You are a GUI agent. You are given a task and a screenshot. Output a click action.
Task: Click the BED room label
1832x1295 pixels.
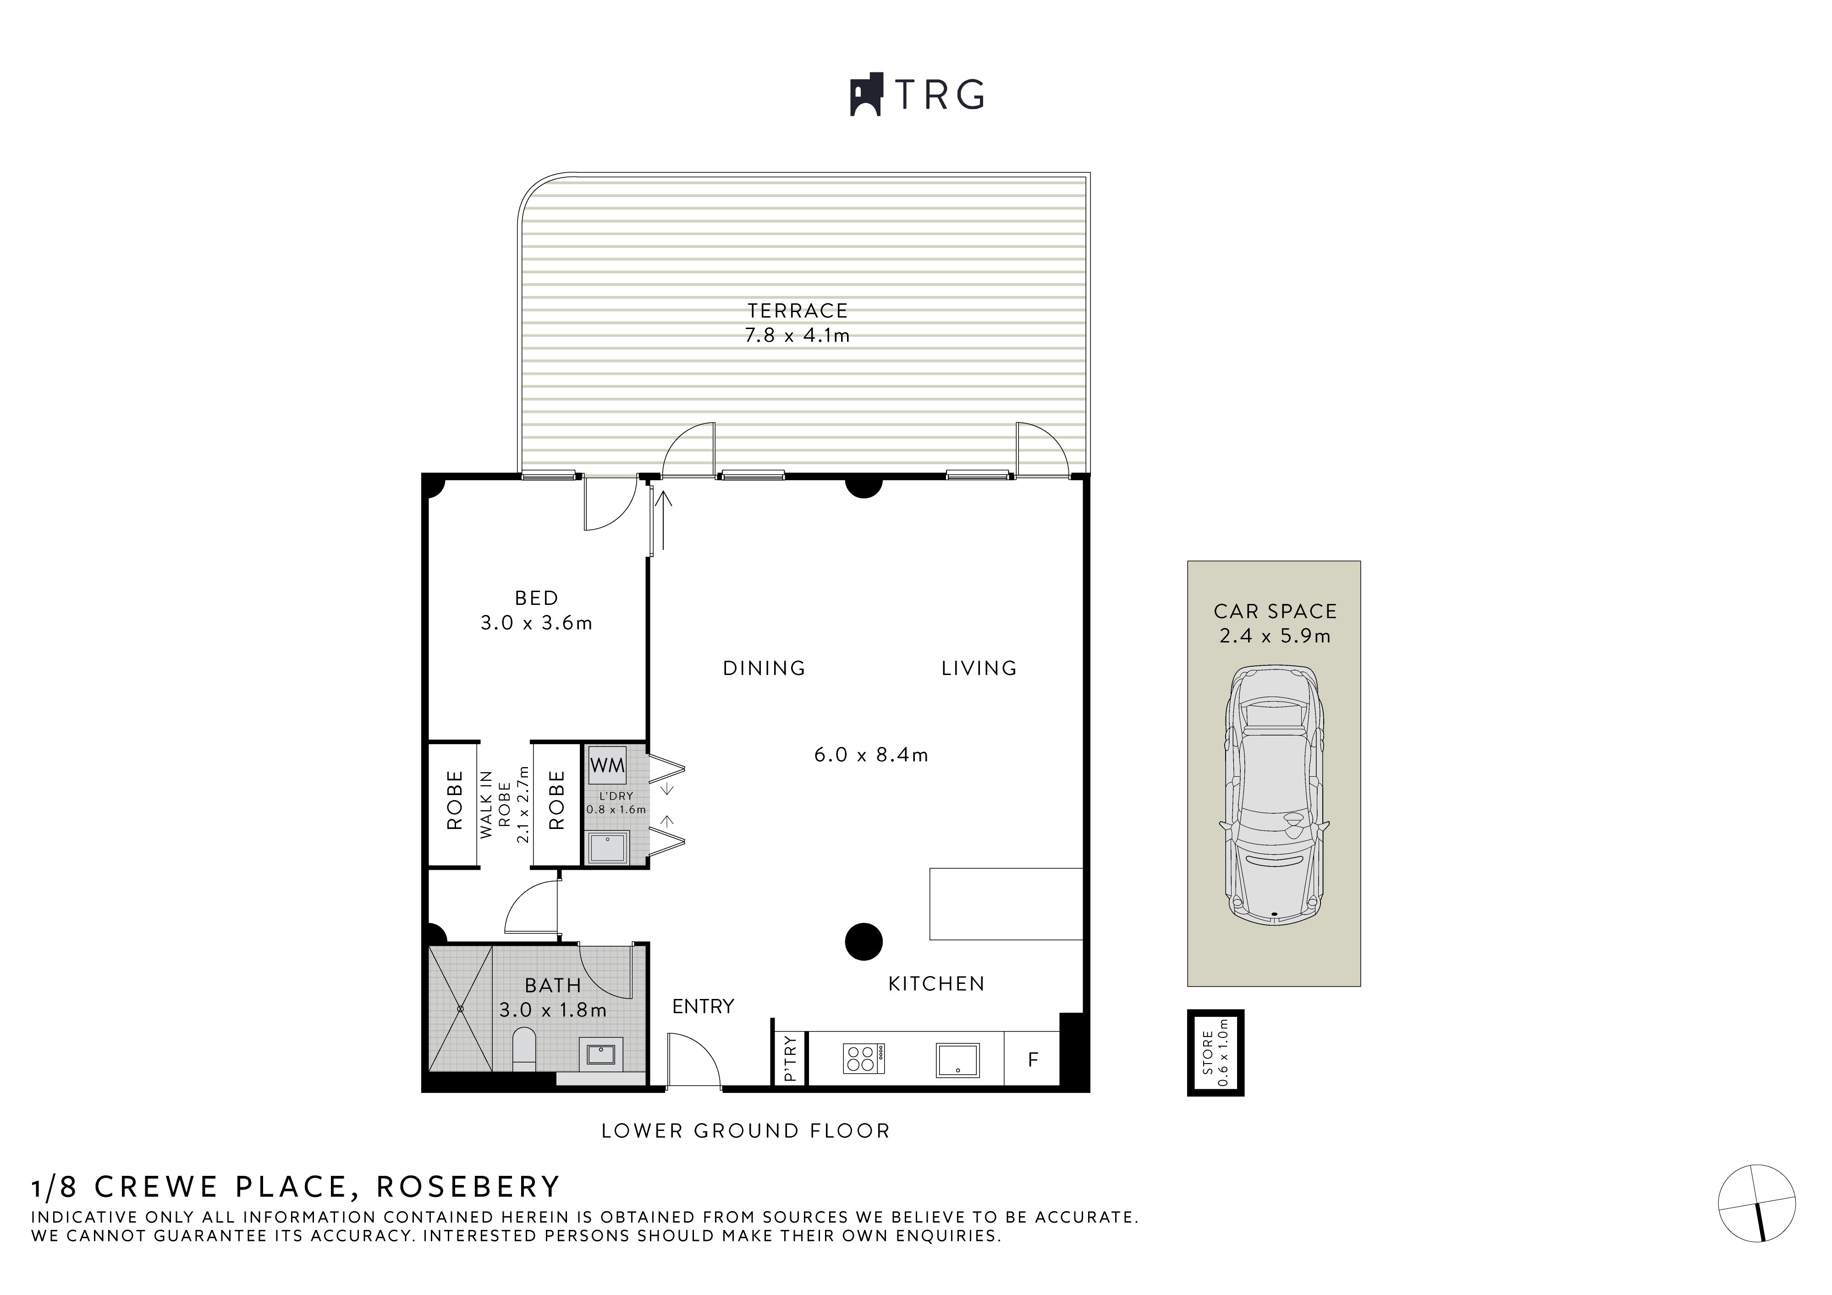point(536,598)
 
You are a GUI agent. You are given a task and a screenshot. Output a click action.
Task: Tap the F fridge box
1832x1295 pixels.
point(1033,1059)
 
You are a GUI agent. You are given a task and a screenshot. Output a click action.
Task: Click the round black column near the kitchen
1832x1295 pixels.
point(864,942)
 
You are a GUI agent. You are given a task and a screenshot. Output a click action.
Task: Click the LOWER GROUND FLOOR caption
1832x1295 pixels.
point(745,1130)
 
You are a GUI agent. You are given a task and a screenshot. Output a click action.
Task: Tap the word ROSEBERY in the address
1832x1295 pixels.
point(468,1186)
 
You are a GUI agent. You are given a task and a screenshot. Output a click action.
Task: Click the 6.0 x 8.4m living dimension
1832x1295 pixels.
point(870,755)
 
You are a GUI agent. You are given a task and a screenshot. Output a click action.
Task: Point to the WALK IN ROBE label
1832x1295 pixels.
point(494,804)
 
